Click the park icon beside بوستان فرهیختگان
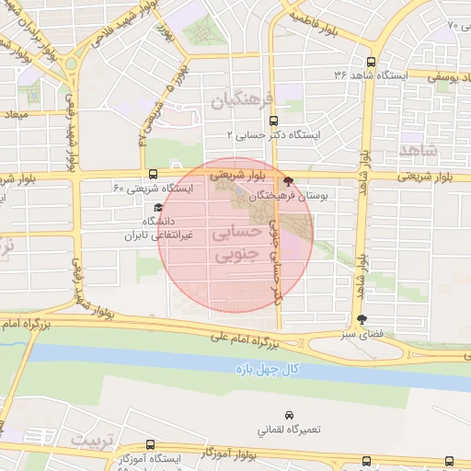click(290, 182)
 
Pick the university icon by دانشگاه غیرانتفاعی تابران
click(158, 208)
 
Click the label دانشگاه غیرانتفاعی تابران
click(156, 228)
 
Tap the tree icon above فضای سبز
click(361, 321)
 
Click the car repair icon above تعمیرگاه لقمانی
click(291, 414)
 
